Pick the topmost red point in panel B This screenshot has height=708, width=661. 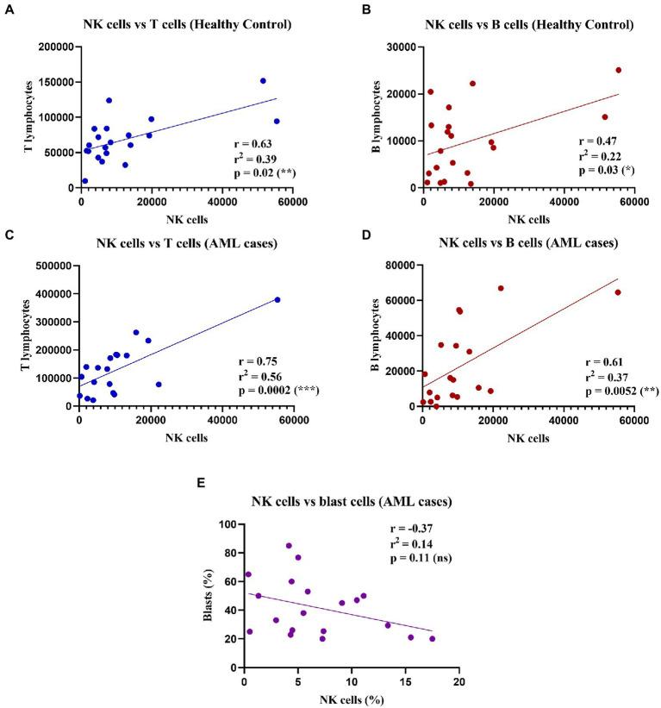(618, 71)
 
